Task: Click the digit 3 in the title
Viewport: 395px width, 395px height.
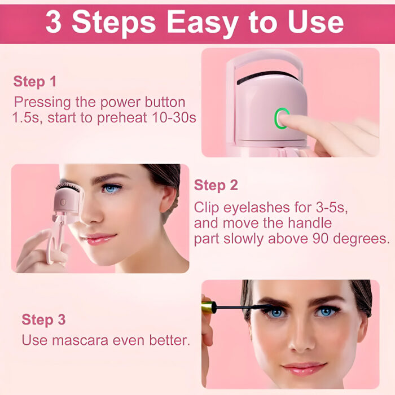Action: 54,22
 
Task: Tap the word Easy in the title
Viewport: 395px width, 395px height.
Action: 198,22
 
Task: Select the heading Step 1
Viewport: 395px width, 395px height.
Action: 35,81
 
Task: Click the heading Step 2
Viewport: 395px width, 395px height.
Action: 216,185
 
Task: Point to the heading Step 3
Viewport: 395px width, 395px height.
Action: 43,320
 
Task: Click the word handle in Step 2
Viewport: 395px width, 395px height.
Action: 312,222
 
